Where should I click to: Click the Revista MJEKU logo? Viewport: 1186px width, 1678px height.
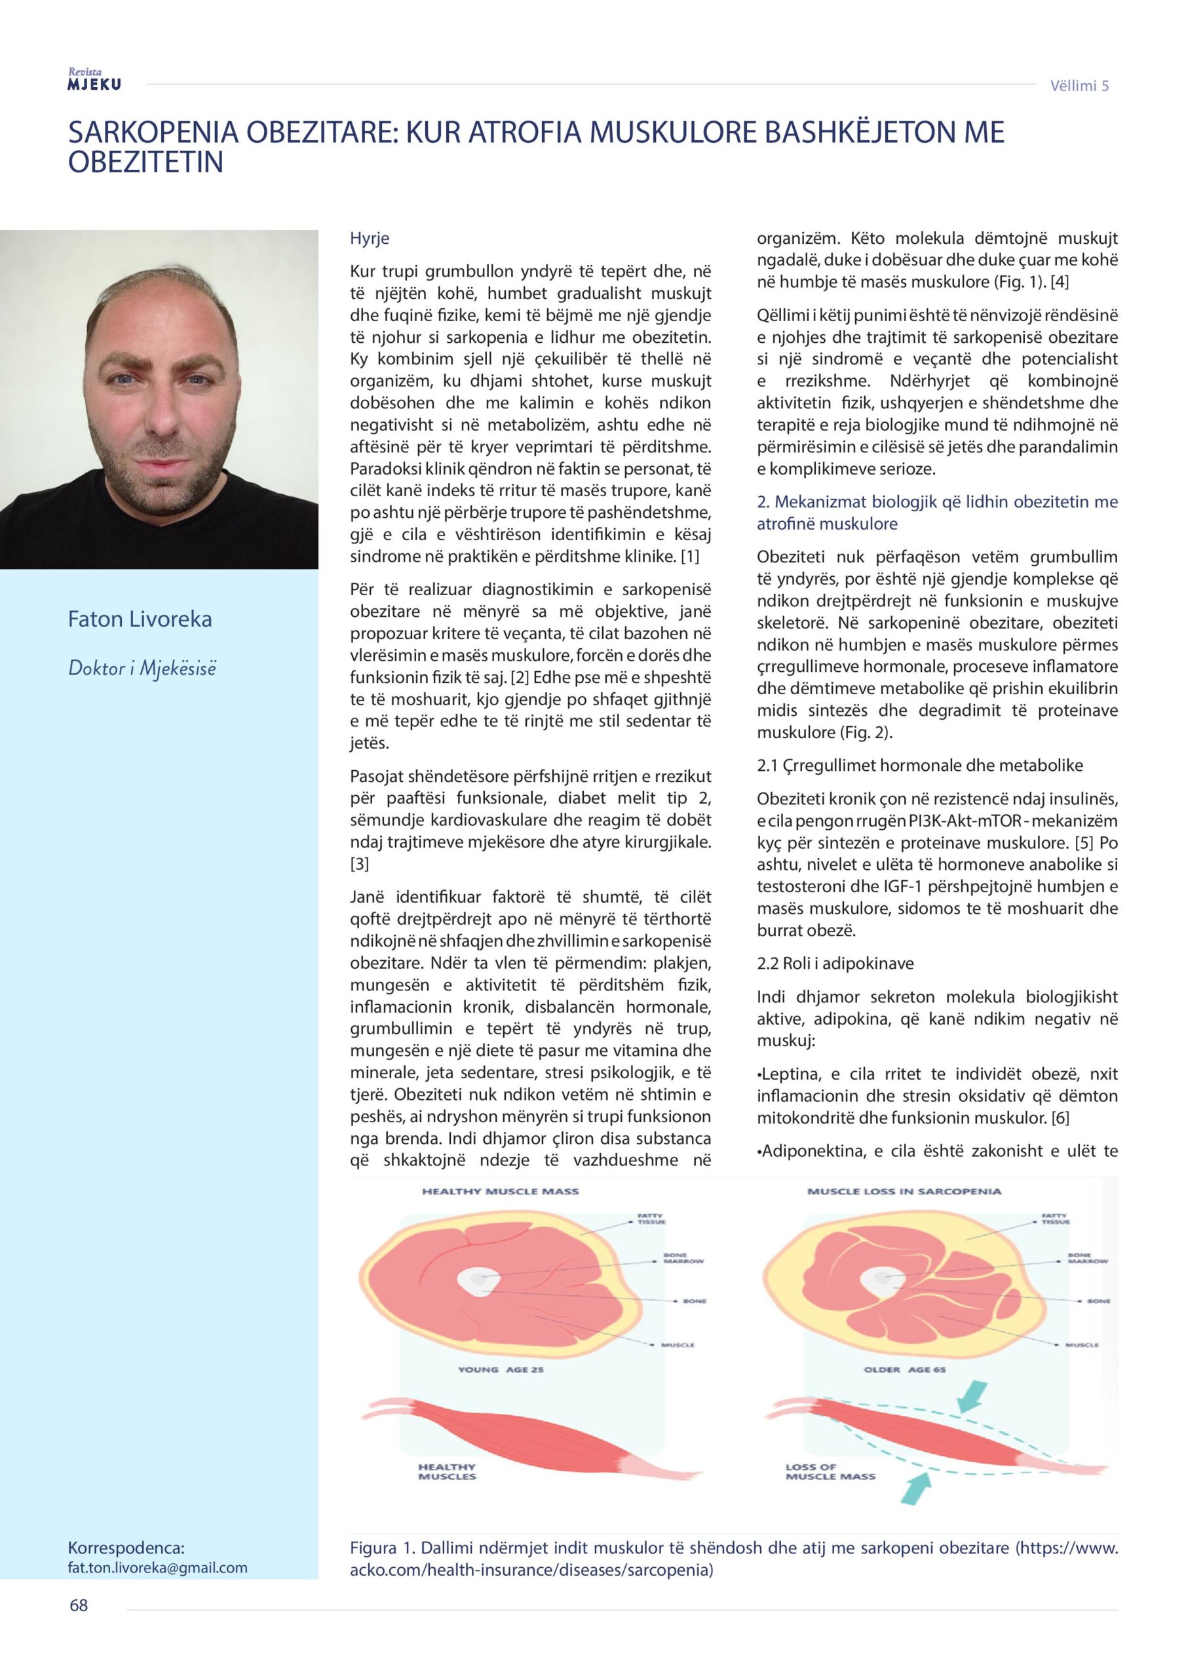click(x=94, y=79)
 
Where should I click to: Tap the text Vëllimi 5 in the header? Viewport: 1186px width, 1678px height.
click(x=1079, y=85)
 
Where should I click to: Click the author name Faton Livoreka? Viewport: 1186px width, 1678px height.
click(x=140, y=619)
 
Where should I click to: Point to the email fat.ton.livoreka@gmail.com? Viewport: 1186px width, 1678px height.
click(x=157, y=1567)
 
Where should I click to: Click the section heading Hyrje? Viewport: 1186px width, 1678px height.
click(x=369, y=238)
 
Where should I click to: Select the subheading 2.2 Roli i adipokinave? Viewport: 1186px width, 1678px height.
click(x=835, y=964)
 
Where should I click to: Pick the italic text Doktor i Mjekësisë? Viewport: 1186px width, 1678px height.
click(x=142, y=668)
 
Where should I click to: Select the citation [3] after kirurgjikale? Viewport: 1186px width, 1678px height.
click(x=360, y=864)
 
